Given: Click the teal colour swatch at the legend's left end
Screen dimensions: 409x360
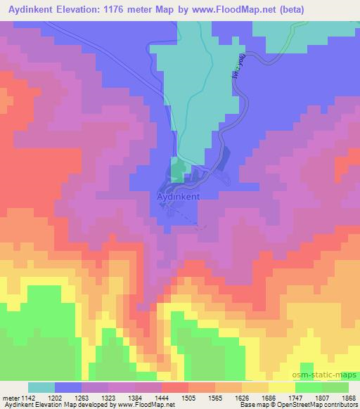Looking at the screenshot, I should coord(41,387).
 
